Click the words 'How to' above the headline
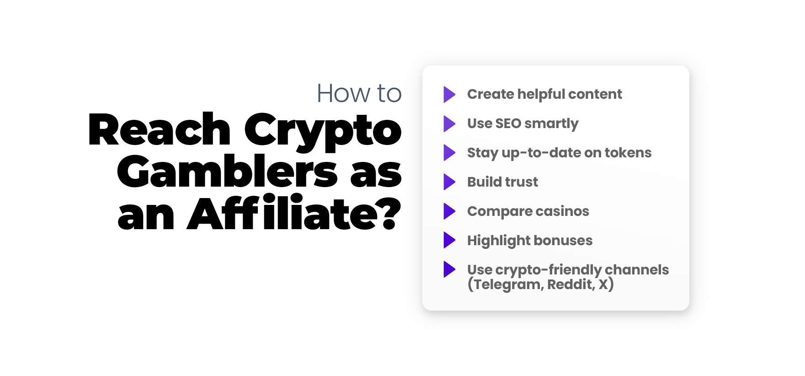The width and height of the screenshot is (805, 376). (x=359, y=93)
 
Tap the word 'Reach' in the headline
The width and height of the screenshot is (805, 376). (x=160, y=130)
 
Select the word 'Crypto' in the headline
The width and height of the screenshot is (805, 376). (x=323, y=133)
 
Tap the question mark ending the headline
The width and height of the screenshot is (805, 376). (x=390, y=213)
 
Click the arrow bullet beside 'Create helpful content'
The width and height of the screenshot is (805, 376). (x=449, y=94)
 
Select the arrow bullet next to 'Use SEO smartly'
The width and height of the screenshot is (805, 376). (x=449, y=124)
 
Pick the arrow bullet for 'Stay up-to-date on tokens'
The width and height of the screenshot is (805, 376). (x=449, y=153)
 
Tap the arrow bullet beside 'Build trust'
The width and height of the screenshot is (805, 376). (x=449, y=182)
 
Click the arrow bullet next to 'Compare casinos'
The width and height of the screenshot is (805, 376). (x=449, y=211)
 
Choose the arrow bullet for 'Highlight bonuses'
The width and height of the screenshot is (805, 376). (x=449, y=241)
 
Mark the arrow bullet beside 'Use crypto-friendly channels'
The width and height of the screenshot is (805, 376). (x=449, y=270)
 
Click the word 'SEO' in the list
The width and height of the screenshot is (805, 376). (x=508, y=124)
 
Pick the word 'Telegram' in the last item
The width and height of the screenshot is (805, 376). (x=507, y=285)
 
